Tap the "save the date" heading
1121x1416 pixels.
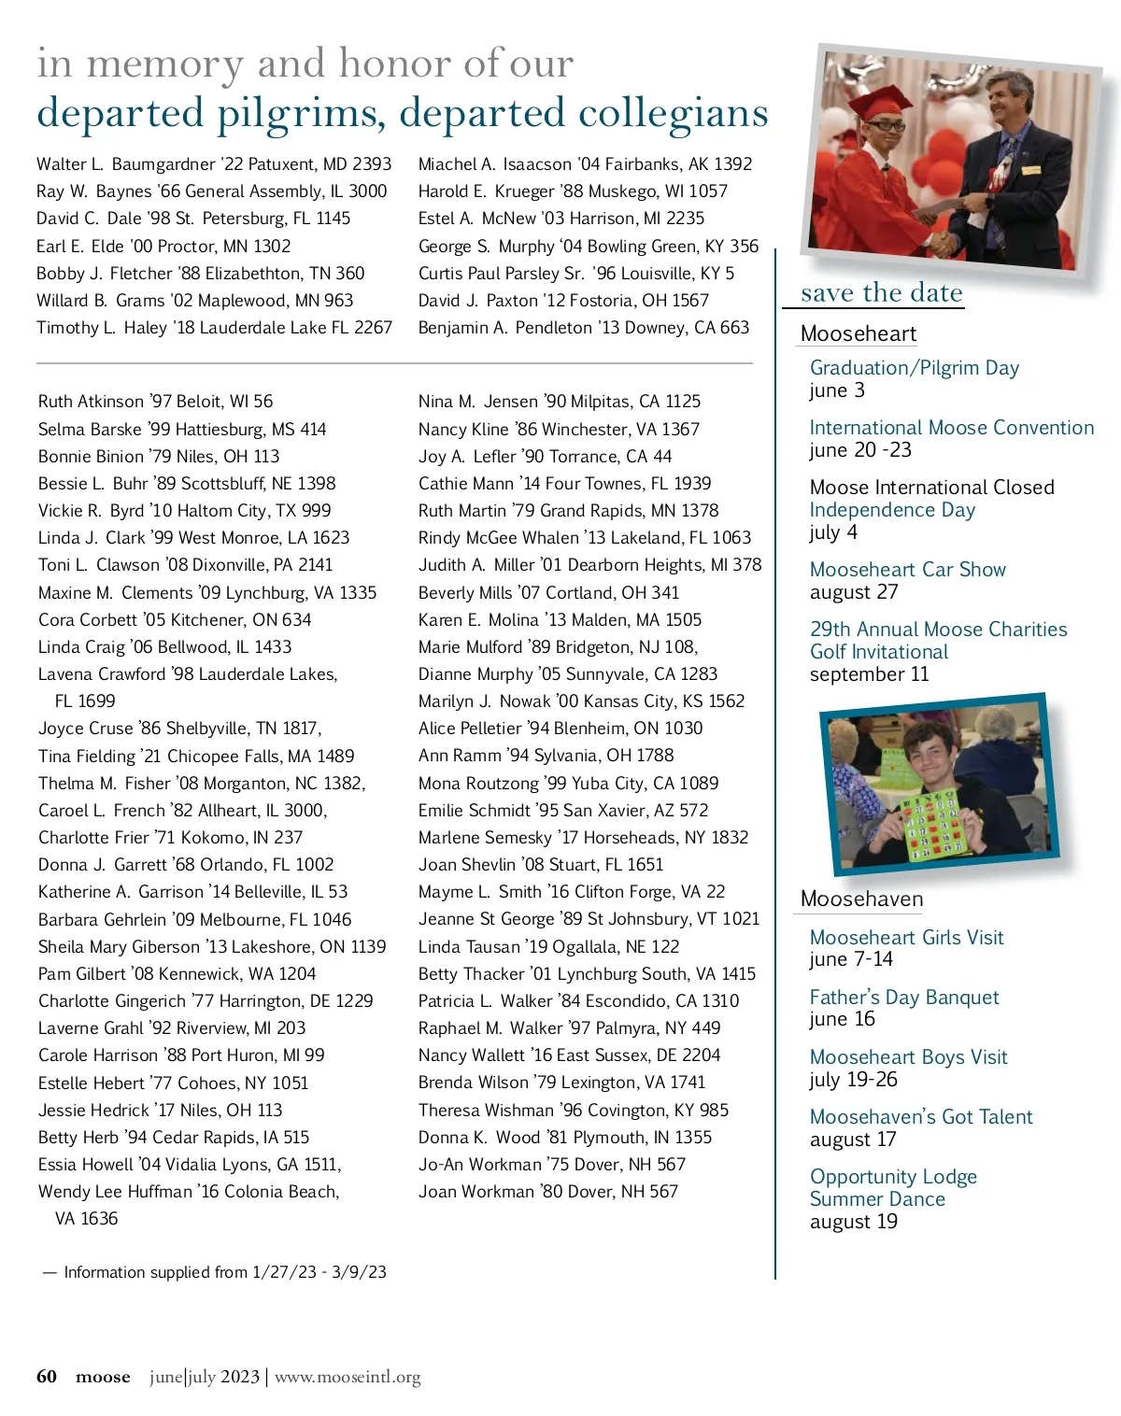pos(881,293)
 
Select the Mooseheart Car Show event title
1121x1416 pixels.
pos(907,570)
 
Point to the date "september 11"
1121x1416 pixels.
pos(869,674)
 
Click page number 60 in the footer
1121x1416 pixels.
pos(47,1377)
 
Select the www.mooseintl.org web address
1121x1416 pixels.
pos(348,1377)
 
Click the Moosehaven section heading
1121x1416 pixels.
pos(861,899)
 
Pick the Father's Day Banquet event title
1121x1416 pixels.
pos(903,998)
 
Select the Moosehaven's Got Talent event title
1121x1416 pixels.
pos(920,1117)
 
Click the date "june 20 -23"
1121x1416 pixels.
pos(859,450)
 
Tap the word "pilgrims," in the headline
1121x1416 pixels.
pos(303,114)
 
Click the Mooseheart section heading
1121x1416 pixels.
pos(858,334)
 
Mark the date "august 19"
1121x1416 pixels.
pos(853,1222)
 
